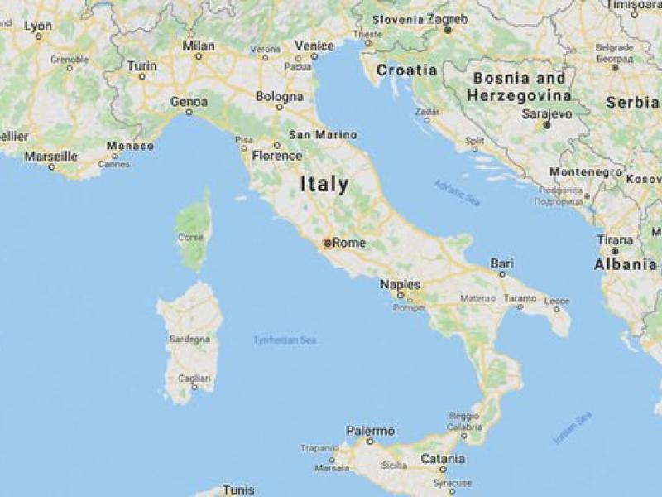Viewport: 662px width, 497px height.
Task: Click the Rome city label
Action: pos(348,243)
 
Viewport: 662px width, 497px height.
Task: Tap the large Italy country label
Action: pos(324,184)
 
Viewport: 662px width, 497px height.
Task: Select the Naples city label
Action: pos(400,285)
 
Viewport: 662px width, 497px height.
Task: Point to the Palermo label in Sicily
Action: pos(370,431)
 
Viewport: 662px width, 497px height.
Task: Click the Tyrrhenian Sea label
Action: pos(285,340)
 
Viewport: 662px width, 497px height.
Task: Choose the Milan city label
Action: pos(199,45)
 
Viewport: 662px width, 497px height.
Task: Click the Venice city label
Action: pos(314,46)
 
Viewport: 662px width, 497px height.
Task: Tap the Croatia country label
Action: pos(406,70)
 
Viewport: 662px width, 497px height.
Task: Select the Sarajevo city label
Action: pos(547,113)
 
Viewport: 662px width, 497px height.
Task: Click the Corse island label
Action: pos(190,238)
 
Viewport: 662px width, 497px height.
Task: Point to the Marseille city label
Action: pos(50,156)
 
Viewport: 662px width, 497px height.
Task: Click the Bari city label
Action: pos(501,263)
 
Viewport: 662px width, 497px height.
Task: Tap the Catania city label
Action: pos(443,457)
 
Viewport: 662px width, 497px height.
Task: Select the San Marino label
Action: pos(322,135)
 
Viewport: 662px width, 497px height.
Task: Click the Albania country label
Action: pos(625,265)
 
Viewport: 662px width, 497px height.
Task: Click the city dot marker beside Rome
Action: pos(328,243)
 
